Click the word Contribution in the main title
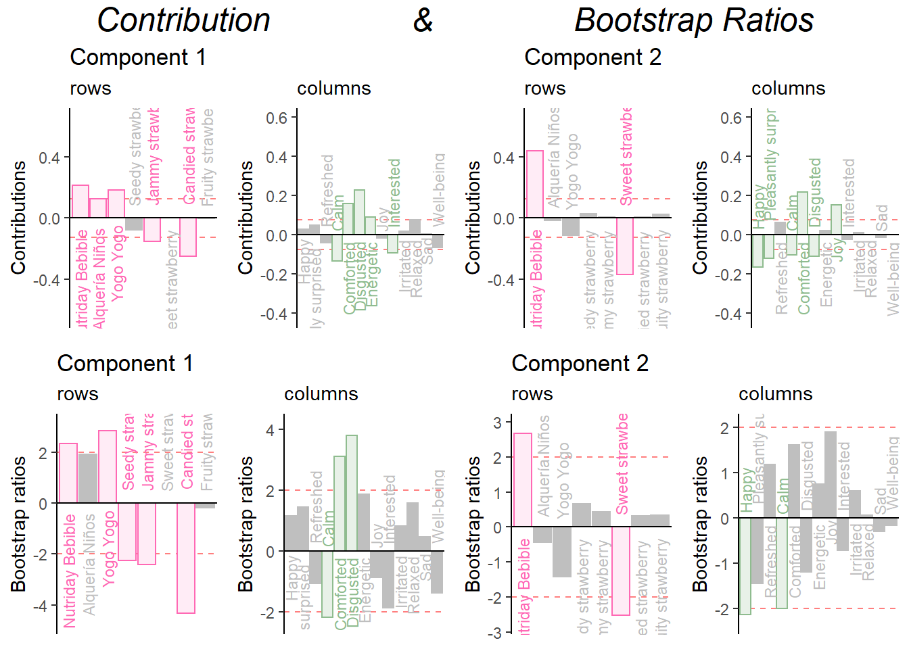click(x=183, y=20)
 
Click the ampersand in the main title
click(x=423, y=20)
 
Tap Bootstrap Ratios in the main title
click(x=694, y=20)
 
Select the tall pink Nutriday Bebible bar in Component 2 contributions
click(x=534, y=184)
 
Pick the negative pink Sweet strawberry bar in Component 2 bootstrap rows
click(x=620, y=571)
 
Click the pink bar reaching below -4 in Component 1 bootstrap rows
click(x=186, y=558)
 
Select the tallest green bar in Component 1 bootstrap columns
click(x=351, y=493)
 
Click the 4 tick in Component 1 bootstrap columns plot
click(x=271, y=430)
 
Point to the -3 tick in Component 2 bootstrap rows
click(x=498, y=633)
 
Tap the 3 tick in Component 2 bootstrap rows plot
click(x=498, y=423)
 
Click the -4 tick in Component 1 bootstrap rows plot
click(x=43, y=606)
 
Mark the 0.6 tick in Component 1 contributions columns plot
click(x=277, y=118)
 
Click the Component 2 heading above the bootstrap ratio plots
click(x=580, y=364)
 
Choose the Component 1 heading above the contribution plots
click(x=138, y=57)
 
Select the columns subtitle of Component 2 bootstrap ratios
click(x=775, y=394)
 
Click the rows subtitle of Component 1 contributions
click(x=91, y=89)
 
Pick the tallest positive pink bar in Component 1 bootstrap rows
click(x=108, y=466)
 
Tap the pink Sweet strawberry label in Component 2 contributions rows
click(x=626, y=157)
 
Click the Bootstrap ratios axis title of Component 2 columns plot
click(x=701, y=524)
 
